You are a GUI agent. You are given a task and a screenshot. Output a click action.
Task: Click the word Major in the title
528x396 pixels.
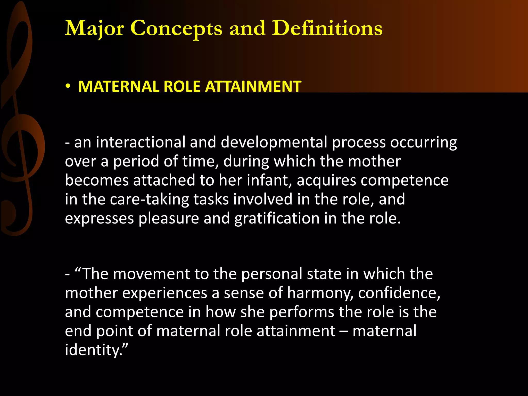coord(94,28)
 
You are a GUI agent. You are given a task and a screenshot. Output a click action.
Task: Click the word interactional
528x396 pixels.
coord(141,142)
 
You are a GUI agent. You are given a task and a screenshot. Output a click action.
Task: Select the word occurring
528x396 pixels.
coord(423,143)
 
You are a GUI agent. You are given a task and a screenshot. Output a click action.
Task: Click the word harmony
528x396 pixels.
coord(320,293)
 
